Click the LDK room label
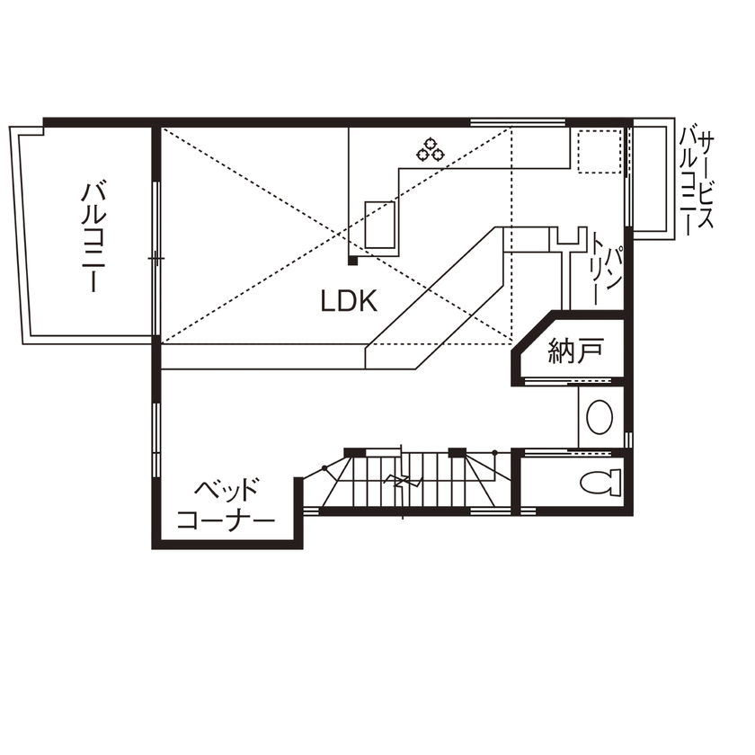349,301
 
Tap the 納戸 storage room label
575,351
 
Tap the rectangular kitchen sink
381,223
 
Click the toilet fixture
601,483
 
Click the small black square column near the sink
353,262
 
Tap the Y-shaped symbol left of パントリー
565,239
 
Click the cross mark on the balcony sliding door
156,259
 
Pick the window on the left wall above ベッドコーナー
156,440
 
